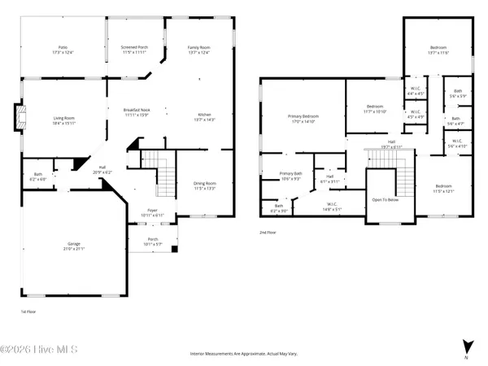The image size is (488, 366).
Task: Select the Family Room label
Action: click(x=199, y=50)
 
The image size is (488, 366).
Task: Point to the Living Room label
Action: click(x=63, y=120)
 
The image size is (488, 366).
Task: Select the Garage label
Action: click(x=73, y=246)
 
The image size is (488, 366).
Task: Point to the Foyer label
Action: click(x=151, y=212)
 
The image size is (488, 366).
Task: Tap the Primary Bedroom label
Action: click(x=304, y=119)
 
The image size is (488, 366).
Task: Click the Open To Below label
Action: click(x=384, y=199)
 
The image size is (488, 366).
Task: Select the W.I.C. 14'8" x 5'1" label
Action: click(x=332, y=207)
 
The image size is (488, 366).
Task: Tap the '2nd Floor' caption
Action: click(x=268, y=232)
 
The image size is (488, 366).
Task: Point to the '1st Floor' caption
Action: click(x=28, y=312)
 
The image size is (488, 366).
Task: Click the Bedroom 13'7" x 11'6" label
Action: click(x=438, y=50)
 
